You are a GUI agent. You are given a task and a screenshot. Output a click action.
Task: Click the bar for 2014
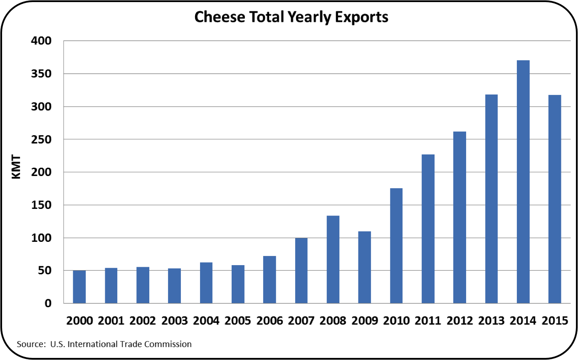pos(523,182)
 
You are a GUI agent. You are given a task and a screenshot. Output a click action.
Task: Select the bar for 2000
pos(79,287)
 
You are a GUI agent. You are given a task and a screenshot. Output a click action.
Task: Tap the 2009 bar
pos(365,267)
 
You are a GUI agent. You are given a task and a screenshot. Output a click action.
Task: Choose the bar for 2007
pos(301,271)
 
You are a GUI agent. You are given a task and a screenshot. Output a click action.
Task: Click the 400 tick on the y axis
pos(40,41)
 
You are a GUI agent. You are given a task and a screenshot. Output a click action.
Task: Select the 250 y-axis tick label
pos(40,139)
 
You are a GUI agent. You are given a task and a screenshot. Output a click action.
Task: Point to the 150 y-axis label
pos(40,205)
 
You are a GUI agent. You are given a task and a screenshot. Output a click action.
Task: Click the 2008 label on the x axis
pos(333,321)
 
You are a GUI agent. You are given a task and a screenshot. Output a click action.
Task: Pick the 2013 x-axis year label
pos(492,321)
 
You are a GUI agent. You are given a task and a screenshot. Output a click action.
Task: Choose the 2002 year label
pos(143,321)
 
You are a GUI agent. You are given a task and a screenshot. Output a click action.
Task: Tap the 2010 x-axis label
pos(396,321)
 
